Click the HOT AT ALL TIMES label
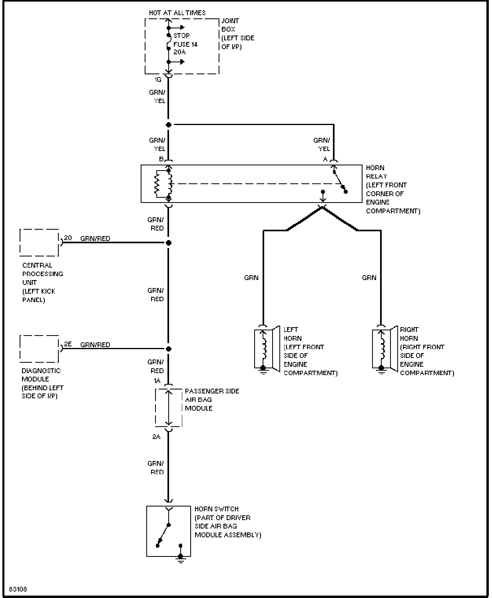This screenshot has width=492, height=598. [x=177, y=13]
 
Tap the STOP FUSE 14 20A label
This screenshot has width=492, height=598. [x=185, y=44]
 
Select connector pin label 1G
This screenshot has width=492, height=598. [x=158, y=79]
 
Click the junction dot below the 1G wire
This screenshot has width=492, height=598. [x=169, y=125]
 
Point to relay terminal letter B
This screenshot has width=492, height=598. [x=161, y=159]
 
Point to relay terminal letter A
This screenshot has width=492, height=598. [x=325, y=159]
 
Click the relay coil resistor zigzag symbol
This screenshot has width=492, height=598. [x=157, y=184]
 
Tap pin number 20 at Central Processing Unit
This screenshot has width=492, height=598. [x=68, y=238]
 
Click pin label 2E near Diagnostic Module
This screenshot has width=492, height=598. [x=68, y=344]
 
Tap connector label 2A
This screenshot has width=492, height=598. [x=156, y=437]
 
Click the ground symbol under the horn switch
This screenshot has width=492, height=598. [x=181, y=559]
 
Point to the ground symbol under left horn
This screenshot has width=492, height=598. [x=263, y=371]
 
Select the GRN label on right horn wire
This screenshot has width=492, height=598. [x=369, y=278]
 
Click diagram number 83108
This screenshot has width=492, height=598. [x=18, y=589]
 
